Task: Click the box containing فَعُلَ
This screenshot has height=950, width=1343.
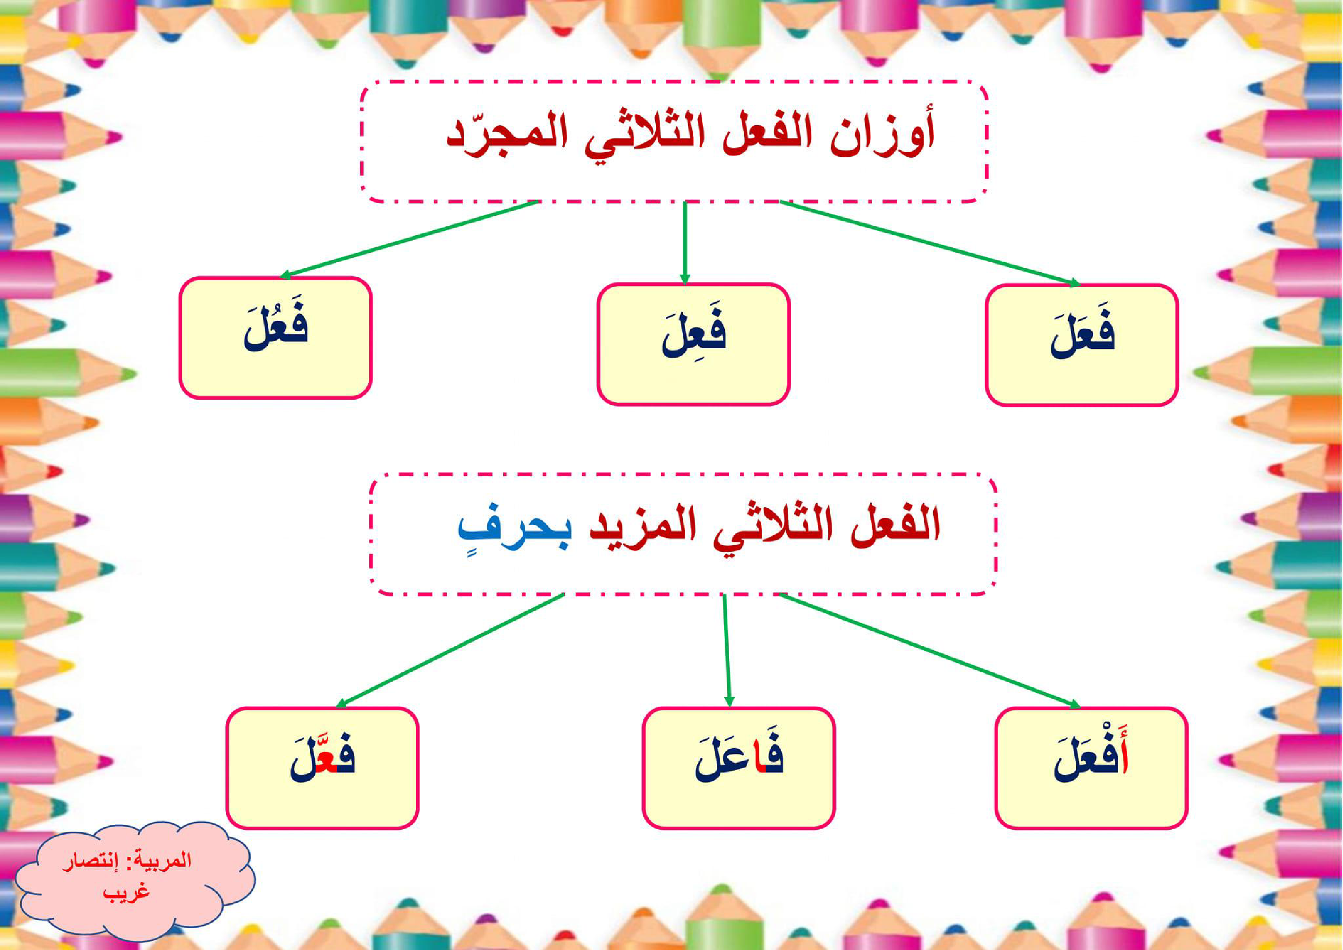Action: [x=275, y=338]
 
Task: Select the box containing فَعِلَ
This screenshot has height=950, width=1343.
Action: [x=693, y=344]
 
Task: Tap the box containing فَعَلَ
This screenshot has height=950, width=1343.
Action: [x=1081, y=345]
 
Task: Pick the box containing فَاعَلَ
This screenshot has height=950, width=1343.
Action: [x=738, y=768]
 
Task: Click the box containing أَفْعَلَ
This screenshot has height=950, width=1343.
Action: [x=1091, y=768]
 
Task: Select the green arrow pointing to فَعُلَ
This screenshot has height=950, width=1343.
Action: [x=409, y=239]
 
